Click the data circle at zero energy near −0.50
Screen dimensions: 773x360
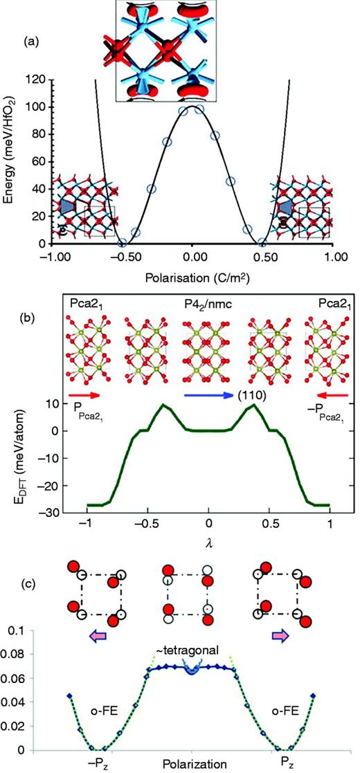point(123,243)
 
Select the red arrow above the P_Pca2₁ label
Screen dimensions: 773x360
point(84,399)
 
